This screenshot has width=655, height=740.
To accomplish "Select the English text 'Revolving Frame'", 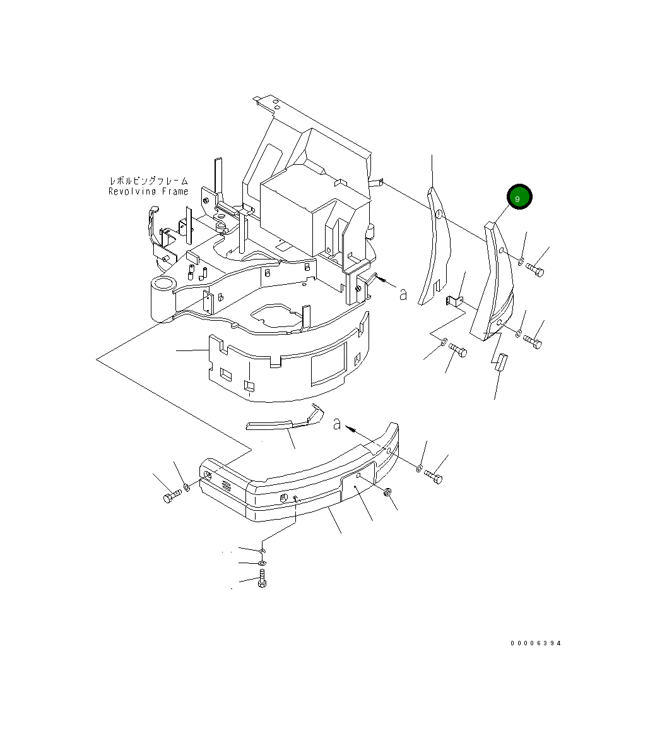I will click(x=148, y=191).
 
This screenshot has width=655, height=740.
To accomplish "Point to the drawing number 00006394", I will click(x=536, y=643).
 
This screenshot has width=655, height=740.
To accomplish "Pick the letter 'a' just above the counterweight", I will click(x=337, y=424).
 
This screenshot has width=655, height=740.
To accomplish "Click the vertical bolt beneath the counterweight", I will click(x=262, y=579).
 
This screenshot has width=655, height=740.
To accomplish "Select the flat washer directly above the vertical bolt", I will click(x=263, y=563).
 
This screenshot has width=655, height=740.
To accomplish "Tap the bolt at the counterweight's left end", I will click(x=172, y=497).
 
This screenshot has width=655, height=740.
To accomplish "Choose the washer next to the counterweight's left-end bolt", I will click(x=187, y=487).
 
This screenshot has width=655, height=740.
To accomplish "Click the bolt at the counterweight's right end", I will click(x=434, y=477).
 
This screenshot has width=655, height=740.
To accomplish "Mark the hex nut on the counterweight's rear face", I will click(x=387, y=491).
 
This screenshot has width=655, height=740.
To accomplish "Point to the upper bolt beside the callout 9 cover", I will click(x=535, y=271).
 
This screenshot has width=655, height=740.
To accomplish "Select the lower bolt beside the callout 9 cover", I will click(x=533, y=343).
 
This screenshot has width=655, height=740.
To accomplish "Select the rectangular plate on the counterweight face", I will click(x=358, y=486).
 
